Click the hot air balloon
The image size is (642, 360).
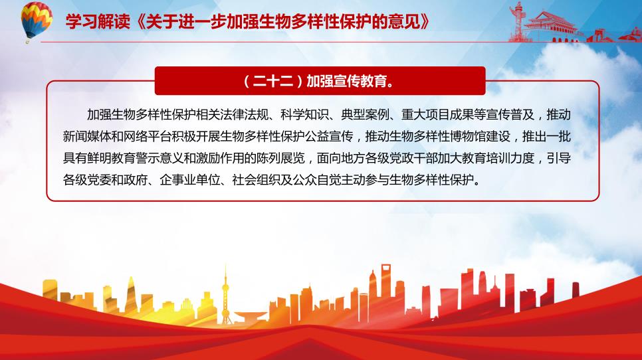click(37, 21)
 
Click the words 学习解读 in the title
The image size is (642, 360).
click(98, 21)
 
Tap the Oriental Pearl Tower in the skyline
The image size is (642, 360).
click(225, 294)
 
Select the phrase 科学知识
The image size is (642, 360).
click(304, 114)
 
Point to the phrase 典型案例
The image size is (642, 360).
click(366, 114)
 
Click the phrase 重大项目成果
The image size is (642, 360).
click(438, 114)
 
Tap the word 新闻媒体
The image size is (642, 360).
click(87, 136)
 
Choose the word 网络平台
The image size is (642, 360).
click(148, 136)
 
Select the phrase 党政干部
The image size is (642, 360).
click(413, 158)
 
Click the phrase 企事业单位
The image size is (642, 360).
click(190, 179)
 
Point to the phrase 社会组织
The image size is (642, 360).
click(257, 179)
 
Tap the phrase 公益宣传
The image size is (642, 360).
click(329, 136)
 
